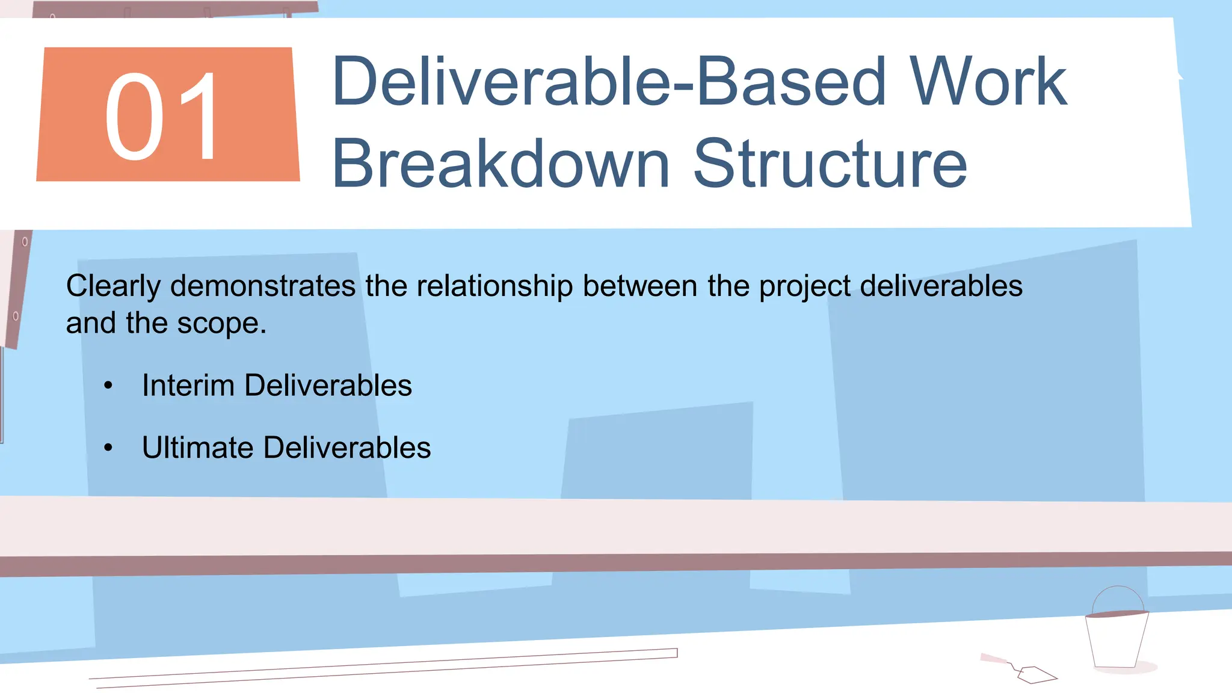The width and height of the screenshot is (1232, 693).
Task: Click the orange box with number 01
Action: pyautogui.click(x=168, y=114)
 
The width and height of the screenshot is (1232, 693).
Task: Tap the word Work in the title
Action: pyautogui.click(x=988, y=82)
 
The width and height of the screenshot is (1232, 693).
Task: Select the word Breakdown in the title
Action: pyautogui.click(x=500, y=164)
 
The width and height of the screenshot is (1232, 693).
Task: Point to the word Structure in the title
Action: pyautogui.click(x=830, y=164)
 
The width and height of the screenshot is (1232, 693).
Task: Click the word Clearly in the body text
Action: pyautogui.click(x=113, y=286)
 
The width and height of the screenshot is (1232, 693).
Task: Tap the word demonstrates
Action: pyautogui.click(x=263, y=286)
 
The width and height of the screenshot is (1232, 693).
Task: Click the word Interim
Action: pyautogui.click(x=188, y=385)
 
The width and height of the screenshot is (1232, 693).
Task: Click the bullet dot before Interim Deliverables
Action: pyautogui.click(x=108, y=386)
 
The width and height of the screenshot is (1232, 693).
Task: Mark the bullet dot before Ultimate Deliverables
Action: pyautogui.click(x=108, y=448)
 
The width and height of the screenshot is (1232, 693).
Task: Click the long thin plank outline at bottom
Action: pyautogui.click(x=385, y=668)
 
